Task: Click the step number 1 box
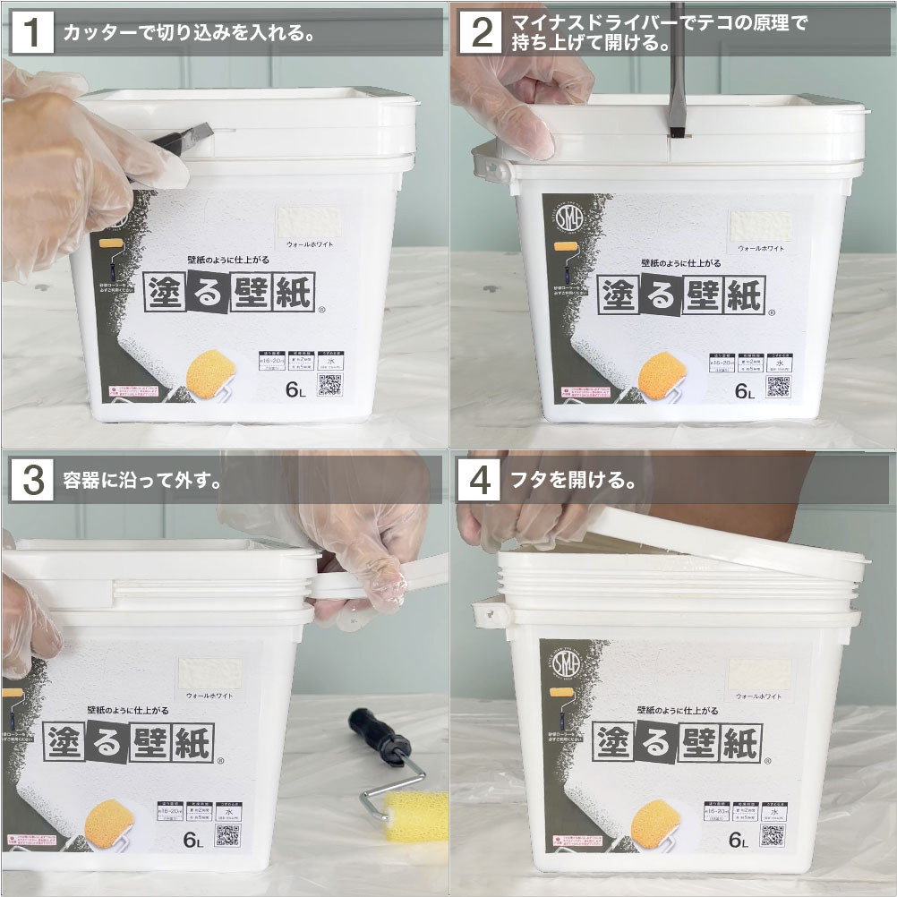pos(32,33)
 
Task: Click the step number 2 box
pos(481,33)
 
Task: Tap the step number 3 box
pos(32,480)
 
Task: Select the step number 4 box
pos(481,480)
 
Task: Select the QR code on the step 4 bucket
pos(777,833)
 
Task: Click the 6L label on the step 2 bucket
pos(745,391)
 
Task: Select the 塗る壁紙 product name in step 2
pos(679,294)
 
